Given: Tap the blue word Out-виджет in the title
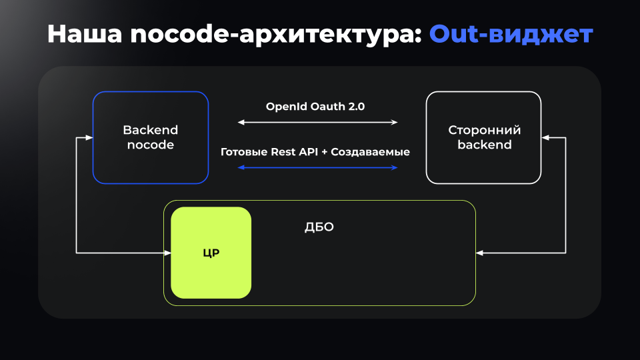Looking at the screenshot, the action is pyautogui.click(x=511, y=34).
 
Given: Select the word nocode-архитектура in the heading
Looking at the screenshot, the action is pyautogui.click(x=275, y=34).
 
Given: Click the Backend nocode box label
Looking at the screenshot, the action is pyautogui.click(x=150, y=137).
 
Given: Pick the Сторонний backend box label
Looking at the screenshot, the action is pyautogui.click(x=484, y=137).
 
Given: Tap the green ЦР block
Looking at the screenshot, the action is pyautogui.click(x=211, y=253).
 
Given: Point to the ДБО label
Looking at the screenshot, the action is pyautogui.click(x=319, y=227).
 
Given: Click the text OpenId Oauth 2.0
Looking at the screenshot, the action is pyautogui.click(x=315, y=106).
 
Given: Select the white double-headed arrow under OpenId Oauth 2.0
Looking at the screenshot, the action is pyautogui.click(x=317, y=123).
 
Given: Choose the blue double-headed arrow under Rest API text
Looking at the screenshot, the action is pyautogui.click(x=317, y=167).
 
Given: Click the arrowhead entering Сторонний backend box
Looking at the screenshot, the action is pyautogui.click(x=545, y=138).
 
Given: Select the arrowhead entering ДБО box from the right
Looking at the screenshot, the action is pyautogui.click(x=480, y=253).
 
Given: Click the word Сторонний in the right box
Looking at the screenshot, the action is pyautogui.click(x=484, y=130).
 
